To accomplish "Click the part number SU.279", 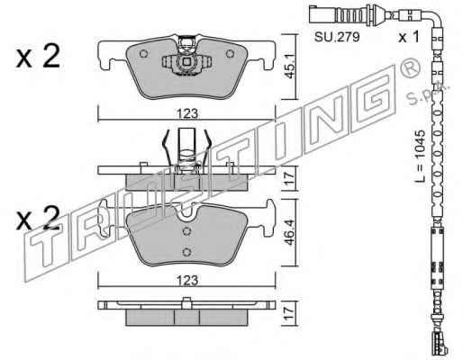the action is (337, 37).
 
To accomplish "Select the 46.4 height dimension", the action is (289, 232).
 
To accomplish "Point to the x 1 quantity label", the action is (408, 37).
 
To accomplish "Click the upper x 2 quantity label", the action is (38, 56).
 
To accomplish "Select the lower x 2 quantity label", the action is (38, 218).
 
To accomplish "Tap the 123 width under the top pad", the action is (187, 113).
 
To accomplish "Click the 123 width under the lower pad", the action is (187, 280).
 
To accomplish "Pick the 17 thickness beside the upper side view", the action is (289, 178).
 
